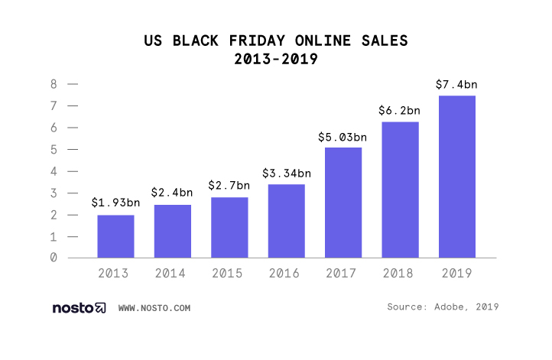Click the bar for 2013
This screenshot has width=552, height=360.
point(115,236)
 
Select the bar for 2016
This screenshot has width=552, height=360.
point(287,221)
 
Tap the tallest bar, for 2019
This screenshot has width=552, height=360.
point(457,177)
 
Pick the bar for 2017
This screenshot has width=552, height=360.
point(343,203)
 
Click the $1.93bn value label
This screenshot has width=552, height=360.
point(115,203)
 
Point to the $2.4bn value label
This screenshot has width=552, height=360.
point(173,193)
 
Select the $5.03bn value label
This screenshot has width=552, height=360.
point(343,138)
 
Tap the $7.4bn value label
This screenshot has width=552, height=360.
point(457,84)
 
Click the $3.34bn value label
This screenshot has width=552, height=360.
point(287,173)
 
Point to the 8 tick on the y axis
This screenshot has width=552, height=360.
point(54,84)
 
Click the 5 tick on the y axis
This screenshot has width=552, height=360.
point(54,150)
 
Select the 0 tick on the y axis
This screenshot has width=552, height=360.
point(54,258)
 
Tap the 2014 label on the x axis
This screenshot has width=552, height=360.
point(173,273)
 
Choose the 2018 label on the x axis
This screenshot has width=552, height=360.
point(400,273)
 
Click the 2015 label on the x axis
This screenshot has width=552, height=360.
point(229,273)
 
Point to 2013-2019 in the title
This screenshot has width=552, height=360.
point(276,58)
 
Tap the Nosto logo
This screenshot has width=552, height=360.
point(79,308)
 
